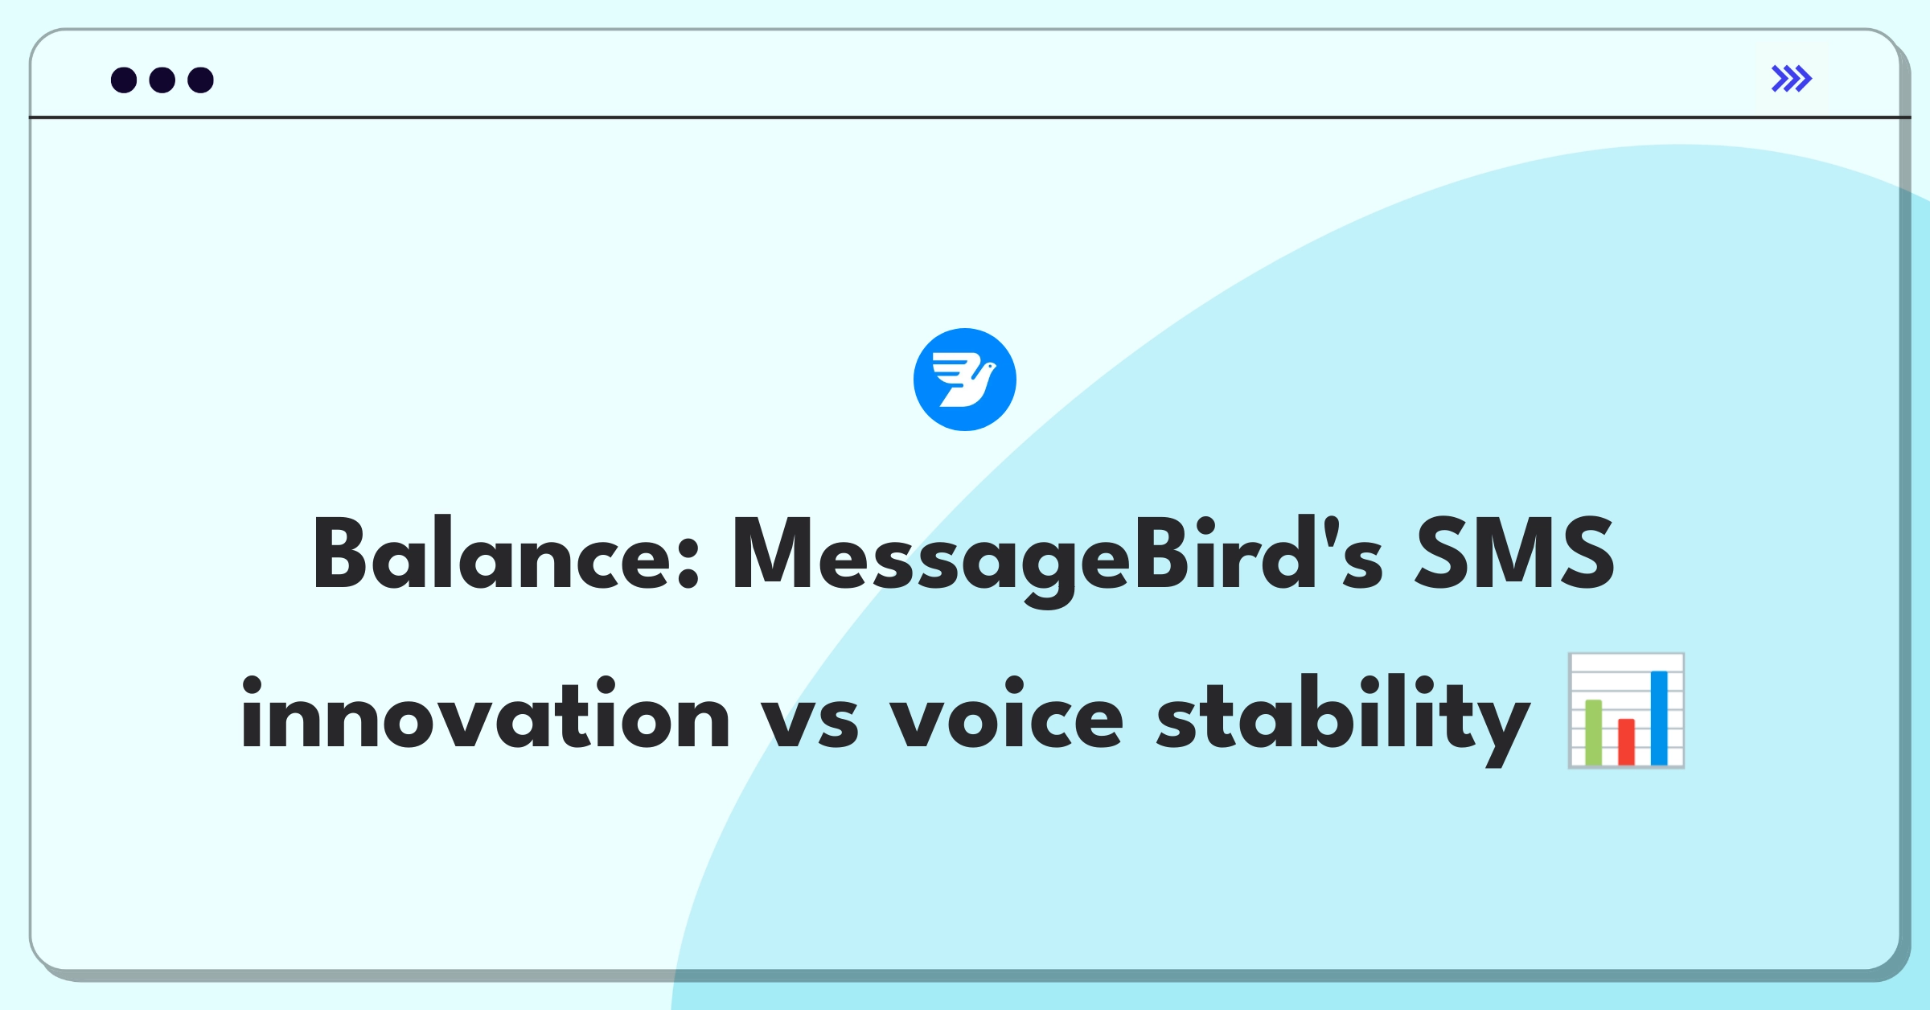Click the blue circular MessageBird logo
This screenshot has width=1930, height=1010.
[965, 380]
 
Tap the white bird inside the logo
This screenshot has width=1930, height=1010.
[964, 380]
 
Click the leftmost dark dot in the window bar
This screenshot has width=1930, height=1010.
[124, 80]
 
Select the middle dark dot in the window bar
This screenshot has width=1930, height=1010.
[162, 80]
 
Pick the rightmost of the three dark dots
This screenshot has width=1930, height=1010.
[201, 80]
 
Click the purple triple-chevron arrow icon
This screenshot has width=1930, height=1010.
[1792, 79]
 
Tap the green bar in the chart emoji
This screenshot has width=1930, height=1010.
[1593, 732]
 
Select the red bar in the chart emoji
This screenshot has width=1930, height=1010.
[1626, 741]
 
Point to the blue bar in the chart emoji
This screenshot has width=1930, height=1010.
[1659, 718]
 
